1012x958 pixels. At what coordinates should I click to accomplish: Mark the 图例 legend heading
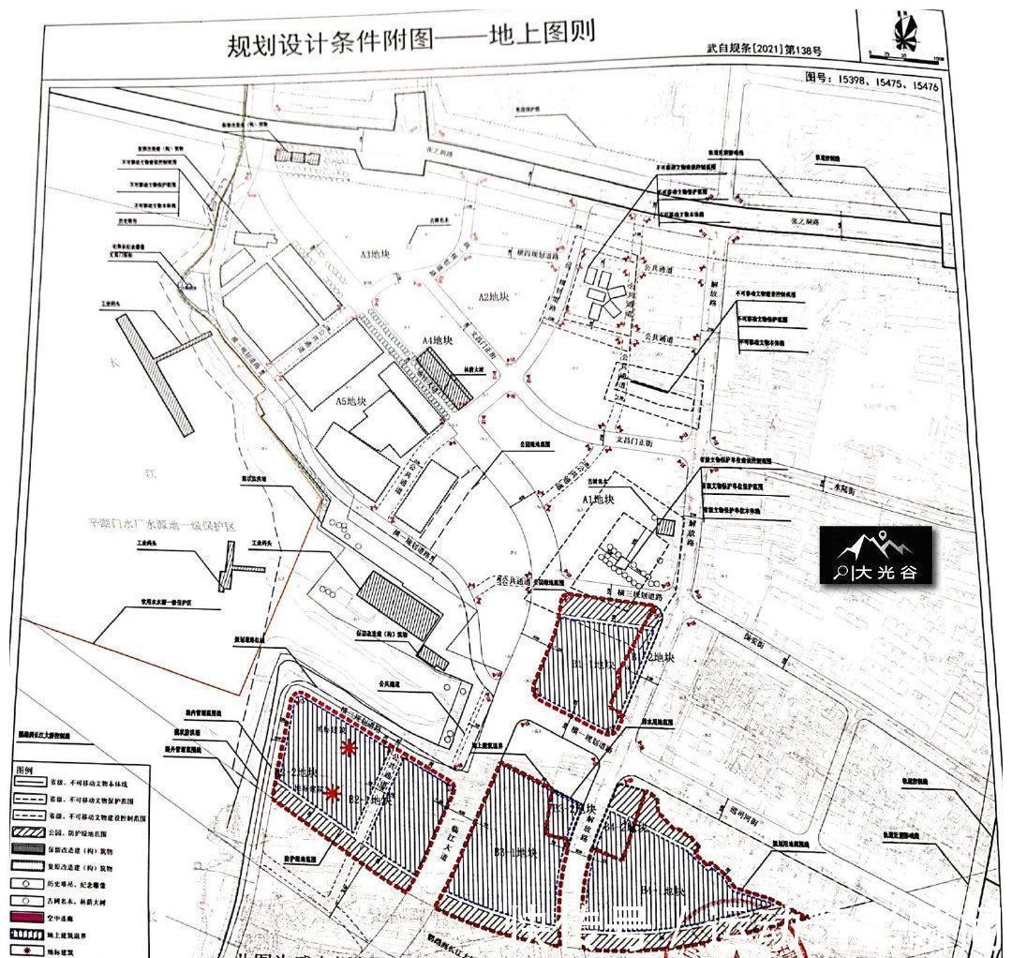(22, 769)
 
